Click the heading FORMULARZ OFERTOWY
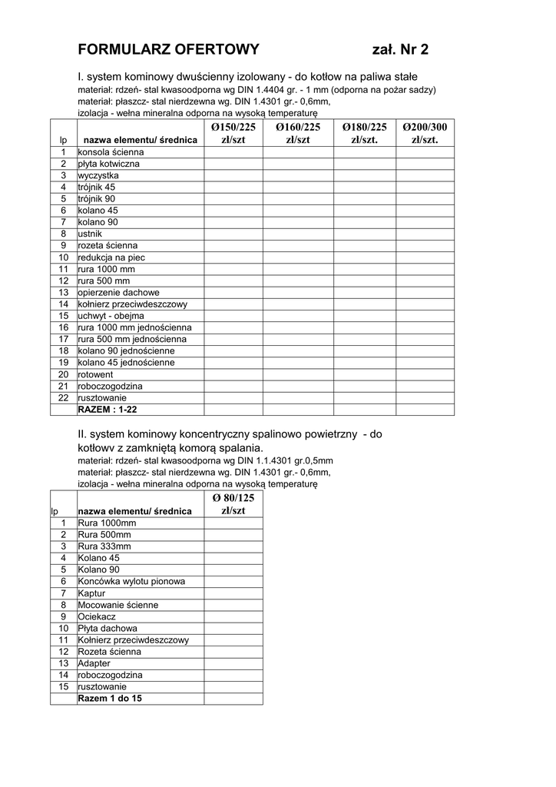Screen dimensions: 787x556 [x=168, y=50]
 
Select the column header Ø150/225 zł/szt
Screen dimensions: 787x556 [x=233, y=133]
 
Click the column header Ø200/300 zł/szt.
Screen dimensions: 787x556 [x=425, y=133]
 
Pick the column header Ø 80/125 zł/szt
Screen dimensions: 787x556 [x=233, y=504]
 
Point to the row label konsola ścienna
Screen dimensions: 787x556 [x=111, y=152]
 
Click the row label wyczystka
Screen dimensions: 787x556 [x=98, y=175]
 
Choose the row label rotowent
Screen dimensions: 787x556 [x=95, y=374]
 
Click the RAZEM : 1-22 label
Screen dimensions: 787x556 [x=108, y=410]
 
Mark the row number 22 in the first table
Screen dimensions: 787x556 [x=64, y=398]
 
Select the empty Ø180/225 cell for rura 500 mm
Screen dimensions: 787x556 [x=365, y=281]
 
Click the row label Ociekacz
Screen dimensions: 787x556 [x=97, y=616]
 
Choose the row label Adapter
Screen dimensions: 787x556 [x=94, y=663]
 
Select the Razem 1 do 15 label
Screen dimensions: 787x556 [x=110, y=699]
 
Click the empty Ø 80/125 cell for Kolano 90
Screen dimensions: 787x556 [x=233, y=569]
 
